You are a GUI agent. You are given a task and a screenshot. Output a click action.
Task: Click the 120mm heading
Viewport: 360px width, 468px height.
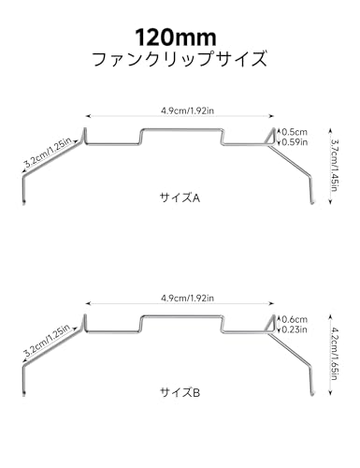176,37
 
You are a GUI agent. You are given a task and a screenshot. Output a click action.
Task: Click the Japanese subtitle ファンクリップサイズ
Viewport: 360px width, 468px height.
180,59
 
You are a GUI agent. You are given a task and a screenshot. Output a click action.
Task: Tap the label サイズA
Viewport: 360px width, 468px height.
180,197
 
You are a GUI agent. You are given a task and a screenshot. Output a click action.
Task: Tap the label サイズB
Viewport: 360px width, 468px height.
180,392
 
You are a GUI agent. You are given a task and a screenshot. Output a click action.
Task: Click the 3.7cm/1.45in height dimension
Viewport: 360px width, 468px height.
335,166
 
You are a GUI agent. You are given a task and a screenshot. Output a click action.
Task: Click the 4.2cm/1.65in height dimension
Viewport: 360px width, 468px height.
335,353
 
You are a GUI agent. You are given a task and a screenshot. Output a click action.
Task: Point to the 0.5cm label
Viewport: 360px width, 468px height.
295,132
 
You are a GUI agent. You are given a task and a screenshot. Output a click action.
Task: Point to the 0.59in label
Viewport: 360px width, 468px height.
295,142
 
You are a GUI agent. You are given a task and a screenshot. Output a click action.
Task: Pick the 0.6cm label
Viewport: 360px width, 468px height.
295,319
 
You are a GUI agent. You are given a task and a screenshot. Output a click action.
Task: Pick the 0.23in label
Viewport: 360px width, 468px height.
295,329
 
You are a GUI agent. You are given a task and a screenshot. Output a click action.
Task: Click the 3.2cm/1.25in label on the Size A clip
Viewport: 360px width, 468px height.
48,153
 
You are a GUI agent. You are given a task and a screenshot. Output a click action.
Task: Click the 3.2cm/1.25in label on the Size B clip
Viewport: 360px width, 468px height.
48,341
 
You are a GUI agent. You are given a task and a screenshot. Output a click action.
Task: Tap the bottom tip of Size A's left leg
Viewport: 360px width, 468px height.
23,203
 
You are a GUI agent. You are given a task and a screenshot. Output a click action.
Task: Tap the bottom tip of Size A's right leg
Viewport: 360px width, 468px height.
311,203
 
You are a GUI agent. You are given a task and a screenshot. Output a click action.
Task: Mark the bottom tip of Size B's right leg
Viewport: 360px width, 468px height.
311,395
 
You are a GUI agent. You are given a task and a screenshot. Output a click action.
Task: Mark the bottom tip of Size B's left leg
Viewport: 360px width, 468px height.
23,395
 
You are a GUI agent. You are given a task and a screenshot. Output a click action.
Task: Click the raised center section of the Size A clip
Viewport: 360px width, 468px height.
182,129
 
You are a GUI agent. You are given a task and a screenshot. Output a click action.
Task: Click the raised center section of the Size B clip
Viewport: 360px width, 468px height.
182,316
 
